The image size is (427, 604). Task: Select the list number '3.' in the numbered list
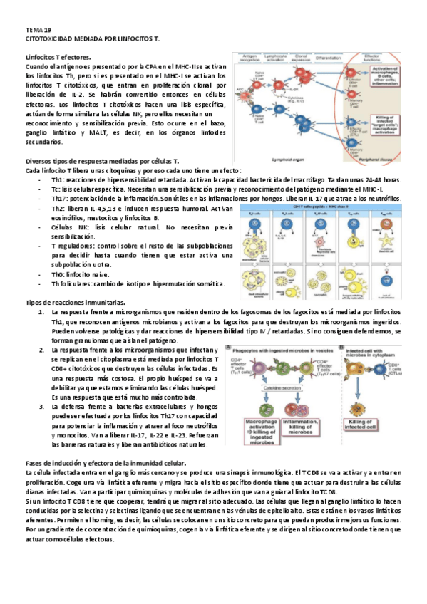(x=41, y=407)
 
